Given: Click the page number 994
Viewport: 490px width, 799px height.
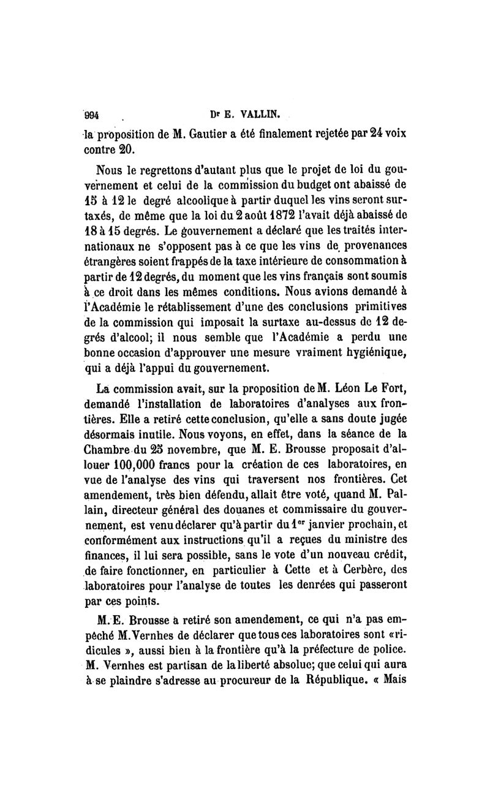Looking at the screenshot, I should coord(92,115).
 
